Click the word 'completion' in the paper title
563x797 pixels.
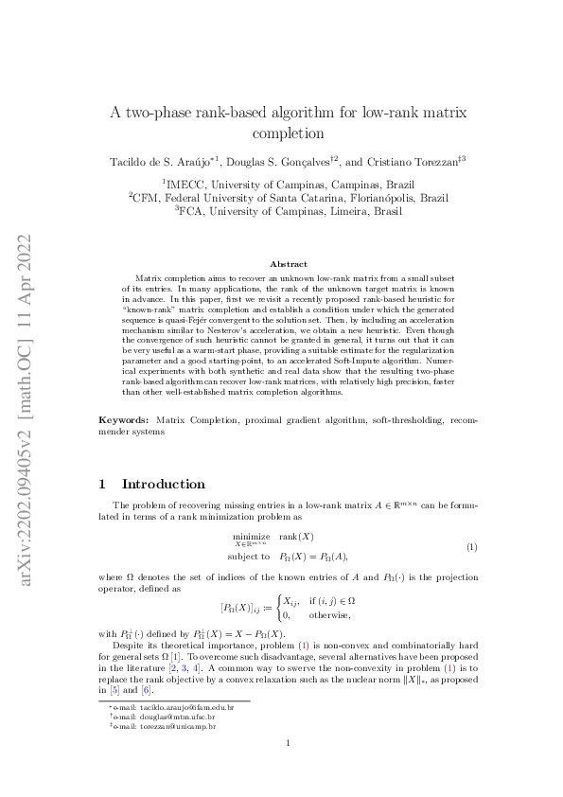281,133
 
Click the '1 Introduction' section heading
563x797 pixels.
151,484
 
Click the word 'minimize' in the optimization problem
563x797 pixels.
245,535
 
